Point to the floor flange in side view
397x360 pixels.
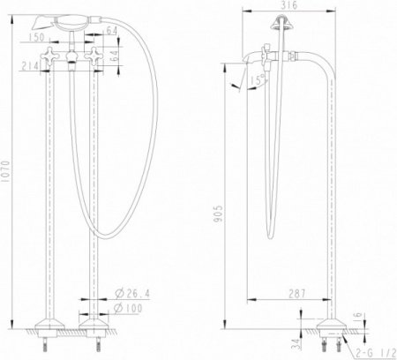click(x=333, y=332)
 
